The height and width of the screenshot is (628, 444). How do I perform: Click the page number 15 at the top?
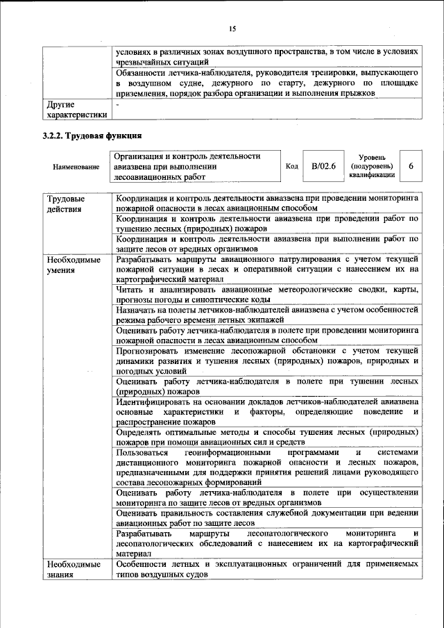pyautogui.click(x=232, y=28)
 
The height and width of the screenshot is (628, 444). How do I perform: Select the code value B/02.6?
pyautogui.click(x=323, y=167)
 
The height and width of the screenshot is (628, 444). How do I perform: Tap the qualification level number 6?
pyautogui.click(x=411, y=167)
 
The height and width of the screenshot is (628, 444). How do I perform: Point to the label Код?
pyautogui.click(x=292, y=167)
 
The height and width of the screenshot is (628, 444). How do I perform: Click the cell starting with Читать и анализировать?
pyautogui.click(x=266, y=294)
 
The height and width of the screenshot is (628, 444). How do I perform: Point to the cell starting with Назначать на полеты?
pyautogui.click(x=266, y=314)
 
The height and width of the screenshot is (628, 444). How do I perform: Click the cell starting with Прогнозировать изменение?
pyautogui.click(x=266, y=361)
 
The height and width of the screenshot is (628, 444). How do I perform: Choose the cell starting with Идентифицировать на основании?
pyautogui.click(x=266, y=411)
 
